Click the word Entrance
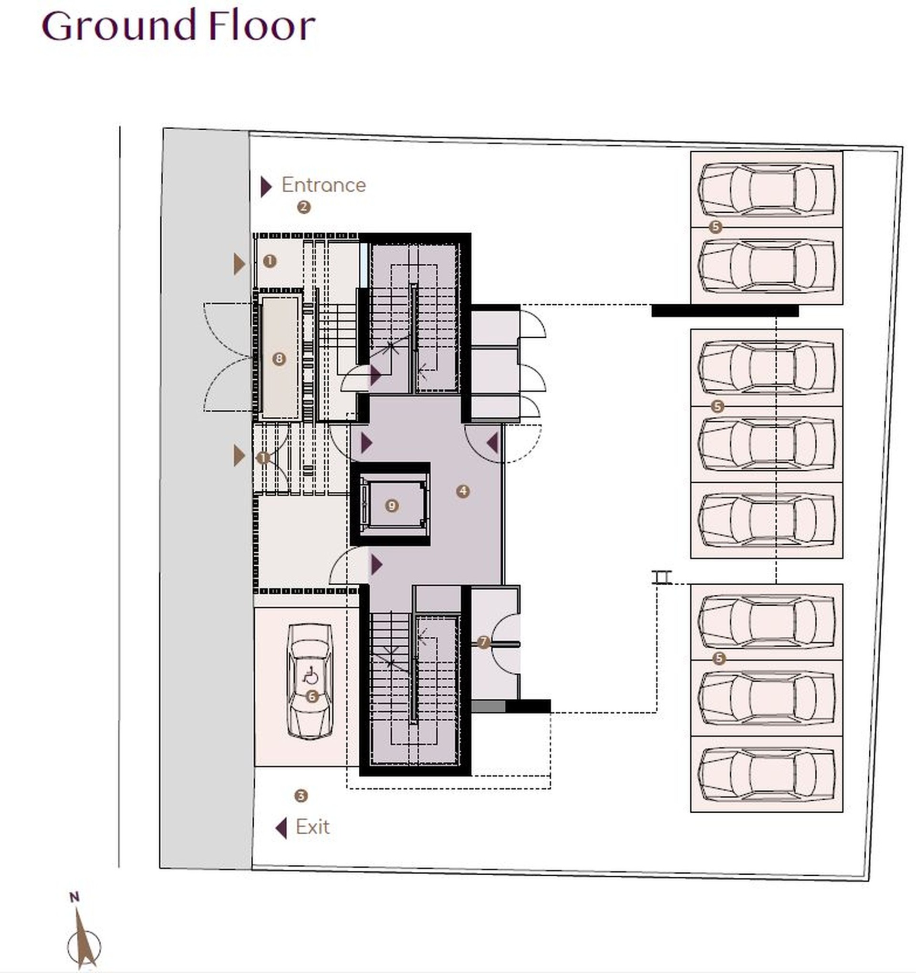click(x=323, y=185)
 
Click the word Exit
click(x=312, y=827)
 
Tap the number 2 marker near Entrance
click(x=303, y=207)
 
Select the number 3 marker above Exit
click(x=301, y=796)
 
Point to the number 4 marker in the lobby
click(x=463, y=491)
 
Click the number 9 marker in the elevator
click(x=391, y=506)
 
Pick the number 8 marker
click(x=279, y=359)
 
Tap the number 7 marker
click(x=483, y=642)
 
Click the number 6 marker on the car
click(x=312, y=696)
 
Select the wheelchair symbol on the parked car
click(x=311, y=677)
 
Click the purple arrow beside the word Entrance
click(x=266, y=186)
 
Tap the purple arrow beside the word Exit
click(x=281, y=828)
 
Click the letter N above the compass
click(x=74, y=897)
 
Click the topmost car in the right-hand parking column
click(x=767, y=189)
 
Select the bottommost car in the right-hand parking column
click(x=767, y=774)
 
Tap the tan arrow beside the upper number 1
click(x=239, y=264)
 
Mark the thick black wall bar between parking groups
click(x=725, y=311)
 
